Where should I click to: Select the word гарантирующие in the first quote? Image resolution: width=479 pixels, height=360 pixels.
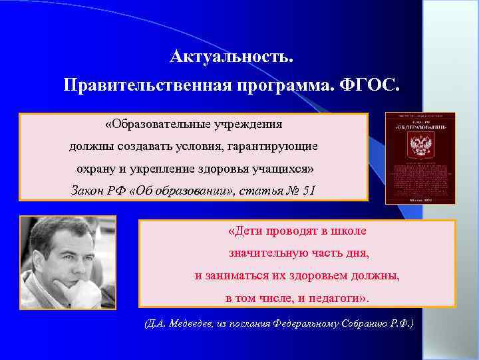pyautogui.click(x=283, y=145)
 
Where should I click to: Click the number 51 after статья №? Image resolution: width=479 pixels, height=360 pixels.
pyautogui.click(x=309, y=191)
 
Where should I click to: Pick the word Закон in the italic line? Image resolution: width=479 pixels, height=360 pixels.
pyautogui.click(x=88, y=191)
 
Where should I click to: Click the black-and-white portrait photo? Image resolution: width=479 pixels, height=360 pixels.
pyautogui.click(x=68, y=263)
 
